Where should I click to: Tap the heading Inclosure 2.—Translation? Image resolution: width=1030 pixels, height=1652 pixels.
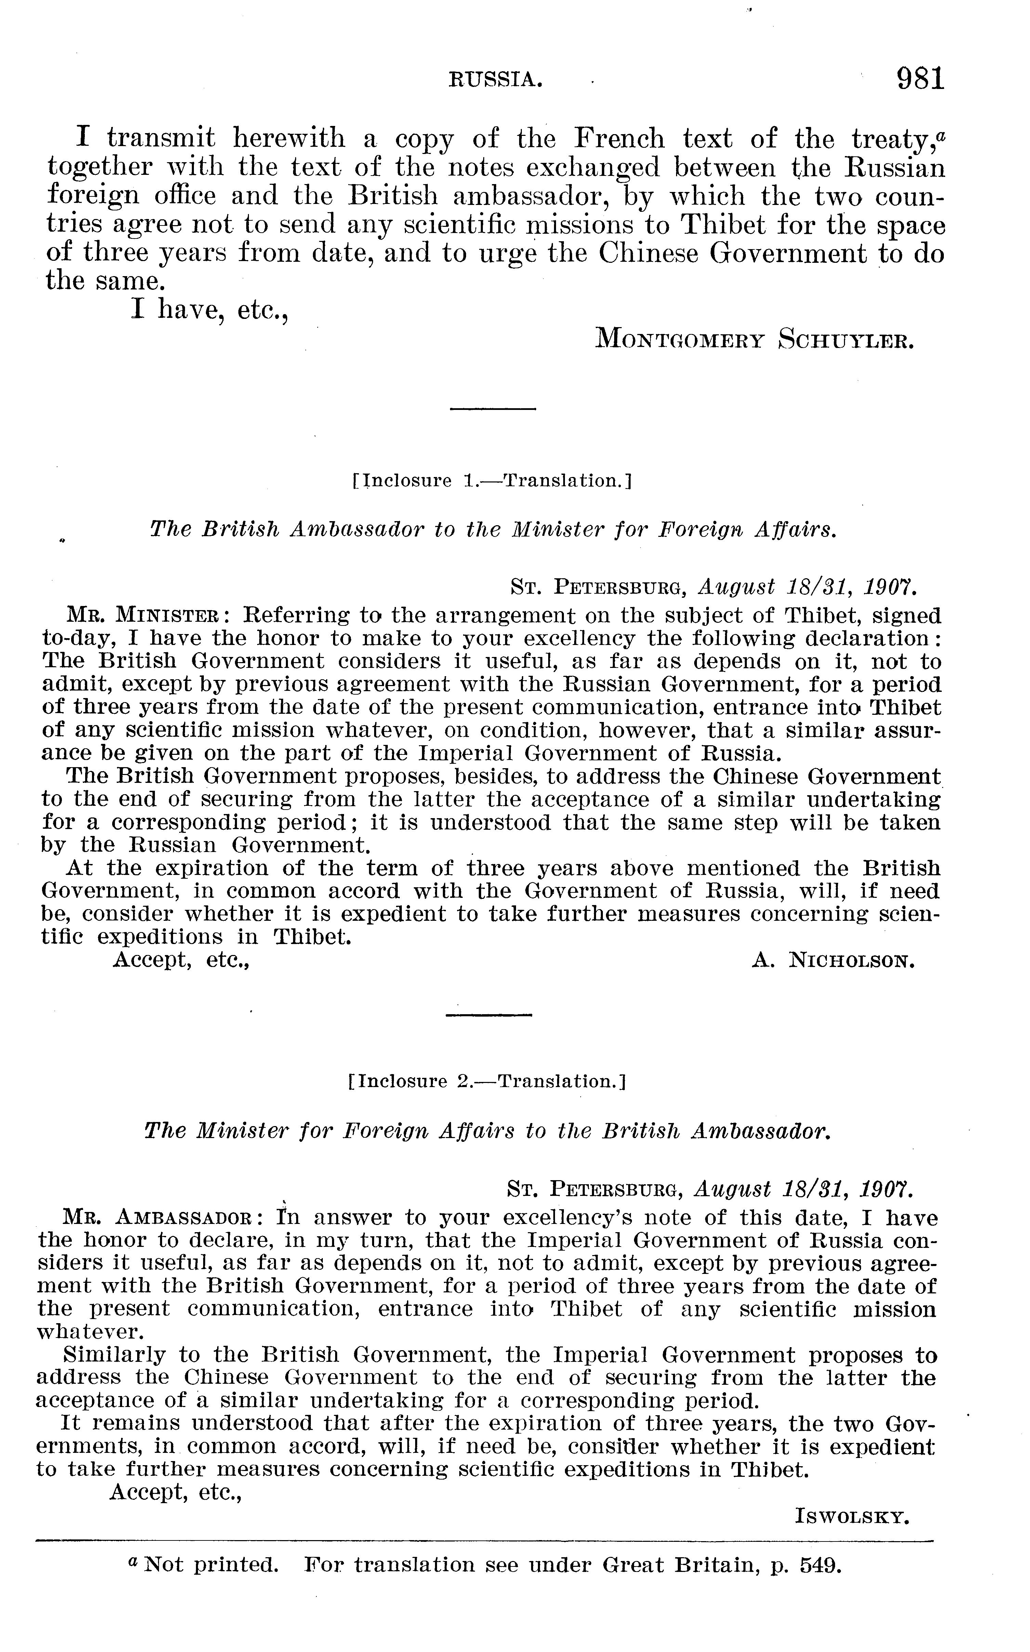(486, 1082)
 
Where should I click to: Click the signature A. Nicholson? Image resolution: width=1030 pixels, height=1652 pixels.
(833, 961)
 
